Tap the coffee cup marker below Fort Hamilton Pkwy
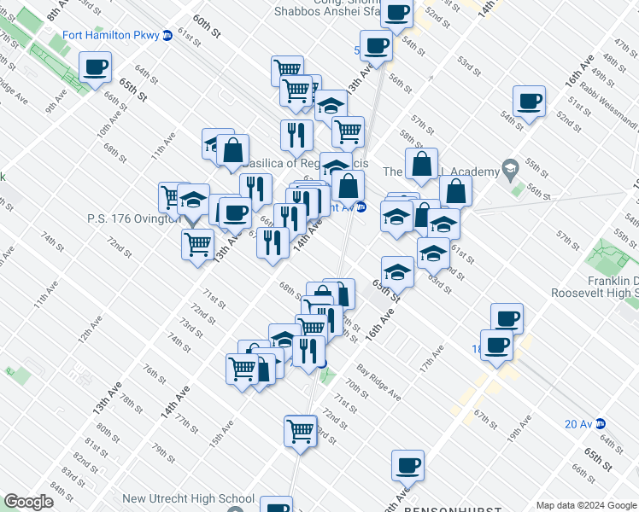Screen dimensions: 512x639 [96, 67]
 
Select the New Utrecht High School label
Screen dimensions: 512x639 [188, 499]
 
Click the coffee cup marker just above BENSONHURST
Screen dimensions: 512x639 [407, 466]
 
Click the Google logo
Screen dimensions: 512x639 [28, 503]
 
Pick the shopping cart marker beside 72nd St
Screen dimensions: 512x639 [300, 430]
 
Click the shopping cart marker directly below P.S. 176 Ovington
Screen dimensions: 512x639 [197, 243]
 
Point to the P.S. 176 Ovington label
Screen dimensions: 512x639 [132, 218]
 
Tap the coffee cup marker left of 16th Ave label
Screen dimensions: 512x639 [529, 101]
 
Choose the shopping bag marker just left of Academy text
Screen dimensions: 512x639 [421, 165]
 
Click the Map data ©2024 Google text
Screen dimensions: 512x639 [585, 504]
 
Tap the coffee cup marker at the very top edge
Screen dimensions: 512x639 [397, 12]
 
